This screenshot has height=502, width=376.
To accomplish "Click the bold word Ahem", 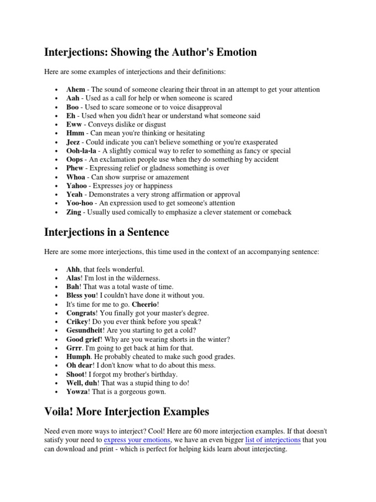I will [x=76, y=90].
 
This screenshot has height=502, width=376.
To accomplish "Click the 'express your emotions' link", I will [x=137, y=440].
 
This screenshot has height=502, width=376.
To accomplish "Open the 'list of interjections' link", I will [x=272, y=440].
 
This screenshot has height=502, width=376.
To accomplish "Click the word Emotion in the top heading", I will [x=232, y=52].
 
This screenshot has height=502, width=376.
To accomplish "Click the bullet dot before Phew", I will [x=57, y=169].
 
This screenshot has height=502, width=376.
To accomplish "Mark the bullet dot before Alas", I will [x=57, y=278].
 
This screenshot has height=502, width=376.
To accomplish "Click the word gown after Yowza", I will [x=157, y=392].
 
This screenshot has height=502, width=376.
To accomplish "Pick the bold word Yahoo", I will [x=76, y=186].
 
